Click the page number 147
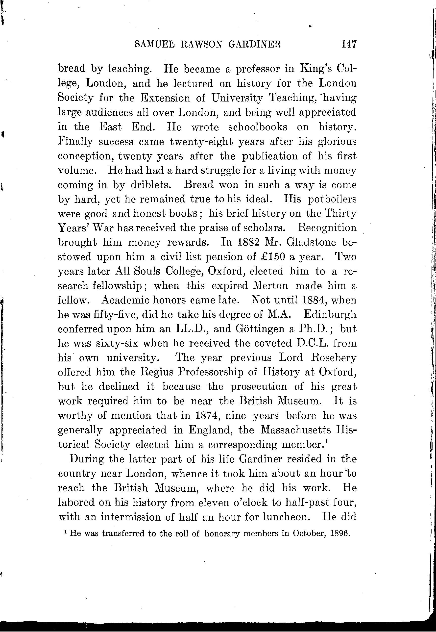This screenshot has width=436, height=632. [349, 44]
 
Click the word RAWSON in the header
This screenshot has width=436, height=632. [201, 44]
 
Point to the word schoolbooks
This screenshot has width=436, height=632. [258, 127]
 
